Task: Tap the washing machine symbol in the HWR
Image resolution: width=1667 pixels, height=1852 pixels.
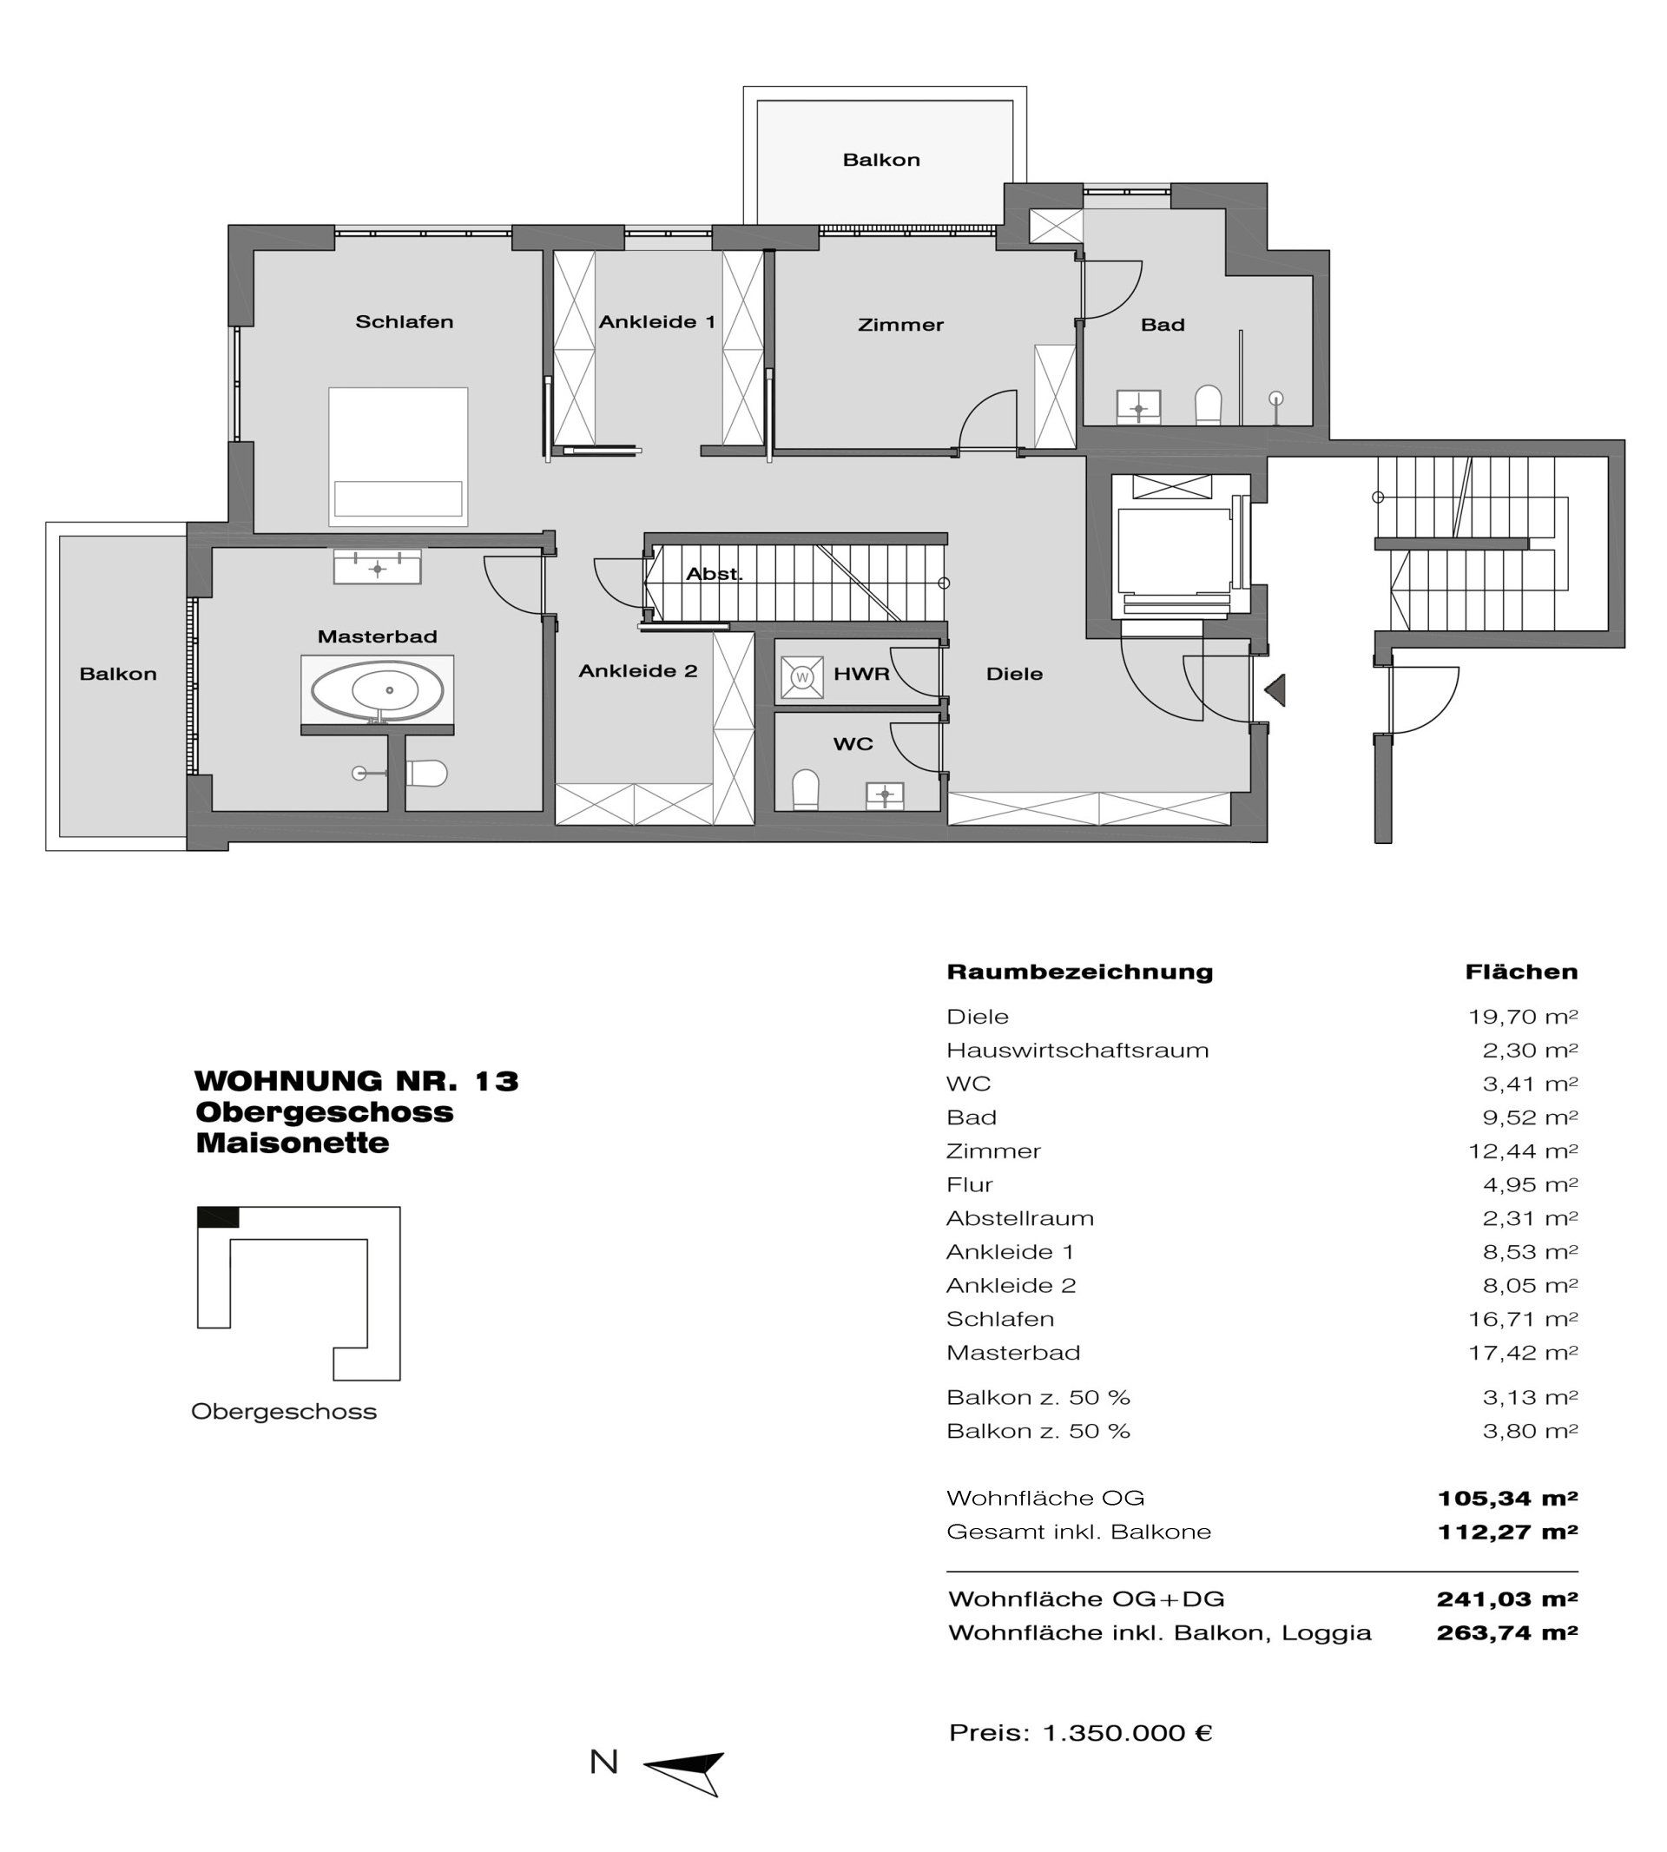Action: (802, 678)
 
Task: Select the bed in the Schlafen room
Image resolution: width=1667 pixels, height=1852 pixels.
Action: (399, 456)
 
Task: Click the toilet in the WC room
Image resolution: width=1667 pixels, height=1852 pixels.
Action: (805, 788)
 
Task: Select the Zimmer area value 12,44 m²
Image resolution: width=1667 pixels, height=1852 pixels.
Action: (1522, 1151)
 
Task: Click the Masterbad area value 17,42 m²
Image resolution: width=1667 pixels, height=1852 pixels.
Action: (1522, 1353)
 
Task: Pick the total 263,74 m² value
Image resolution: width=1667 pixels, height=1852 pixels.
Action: (1506, 1632)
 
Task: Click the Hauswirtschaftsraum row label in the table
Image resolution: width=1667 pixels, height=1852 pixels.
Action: (1077, 1051)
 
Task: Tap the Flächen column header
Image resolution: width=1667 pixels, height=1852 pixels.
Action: (1521, 972)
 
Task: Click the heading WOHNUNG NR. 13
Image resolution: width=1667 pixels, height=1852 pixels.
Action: (356, 1082)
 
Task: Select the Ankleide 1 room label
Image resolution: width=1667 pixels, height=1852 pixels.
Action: (656, 322)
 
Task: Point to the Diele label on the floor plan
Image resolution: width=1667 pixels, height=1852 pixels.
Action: (1014, 674)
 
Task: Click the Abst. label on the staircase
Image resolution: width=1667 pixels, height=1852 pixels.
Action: (714, 574)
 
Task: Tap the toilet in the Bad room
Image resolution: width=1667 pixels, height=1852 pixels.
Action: (1209, 404)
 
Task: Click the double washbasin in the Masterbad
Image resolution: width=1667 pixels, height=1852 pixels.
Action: (378, 568)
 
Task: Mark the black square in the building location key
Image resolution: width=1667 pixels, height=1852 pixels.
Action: (218, 1217)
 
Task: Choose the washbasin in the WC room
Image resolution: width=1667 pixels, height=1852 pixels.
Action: (885, 795)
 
